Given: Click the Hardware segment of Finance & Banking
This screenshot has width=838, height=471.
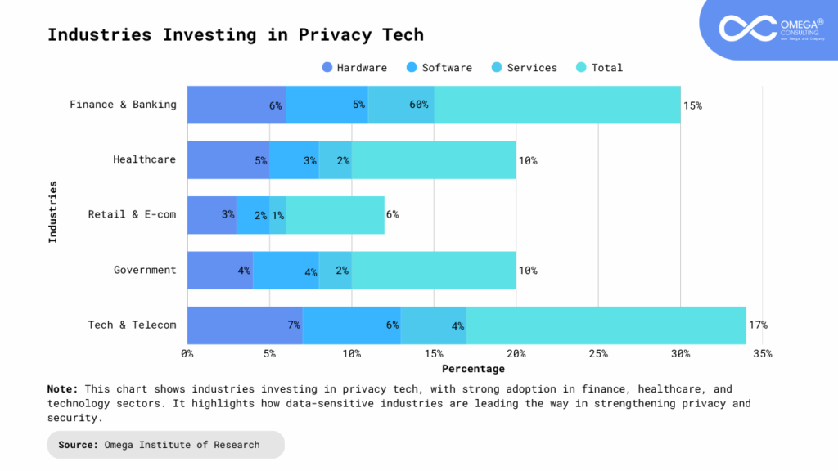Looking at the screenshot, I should click(x=236, y=105).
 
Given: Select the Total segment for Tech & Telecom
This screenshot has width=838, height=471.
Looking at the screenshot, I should click(x=606, y=325).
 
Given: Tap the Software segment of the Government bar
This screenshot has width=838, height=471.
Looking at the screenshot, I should click(x=286, y=270).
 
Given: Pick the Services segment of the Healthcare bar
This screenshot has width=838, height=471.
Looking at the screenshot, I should click(x=335, y=159).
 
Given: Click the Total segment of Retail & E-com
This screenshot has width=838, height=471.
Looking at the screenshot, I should click(x=335, y=215).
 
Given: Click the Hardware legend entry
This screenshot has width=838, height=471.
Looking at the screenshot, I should click(x=354, y=68).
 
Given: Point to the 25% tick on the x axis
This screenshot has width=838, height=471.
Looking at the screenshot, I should click(x=598, y=354).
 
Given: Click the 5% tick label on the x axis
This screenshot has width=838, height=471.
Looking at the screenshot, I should click(x=269, y=354).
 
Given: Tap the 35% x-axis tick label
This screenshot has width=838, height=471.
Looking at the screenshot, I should click(x=762, y=354).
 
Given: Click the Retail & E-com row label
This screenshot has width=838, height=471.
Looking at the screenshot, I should click(x=132, y=215).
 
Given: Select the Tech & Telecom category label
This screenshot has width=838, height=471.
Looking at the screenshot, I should click(x=132, y=325).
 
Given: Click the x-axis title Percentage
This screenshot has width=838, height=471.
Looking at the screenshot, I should click(x=474, y=369).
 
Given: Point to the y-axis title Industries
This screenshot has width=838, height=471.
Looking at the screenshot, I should click(x=53, y=211).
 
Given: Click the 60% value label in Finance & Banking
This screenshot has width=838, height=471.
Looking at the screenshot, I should click(x=419, y=105).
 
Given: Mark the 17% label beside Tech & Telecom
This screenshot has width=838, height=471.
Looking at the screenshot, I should click(x=758, y=325).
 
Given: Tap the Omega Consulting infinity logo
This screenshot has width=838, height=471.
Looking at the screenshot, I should click(x=747, y=27).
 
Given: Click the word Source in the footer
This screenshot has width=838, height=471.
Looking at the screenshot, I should click(x=79, y=445).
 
